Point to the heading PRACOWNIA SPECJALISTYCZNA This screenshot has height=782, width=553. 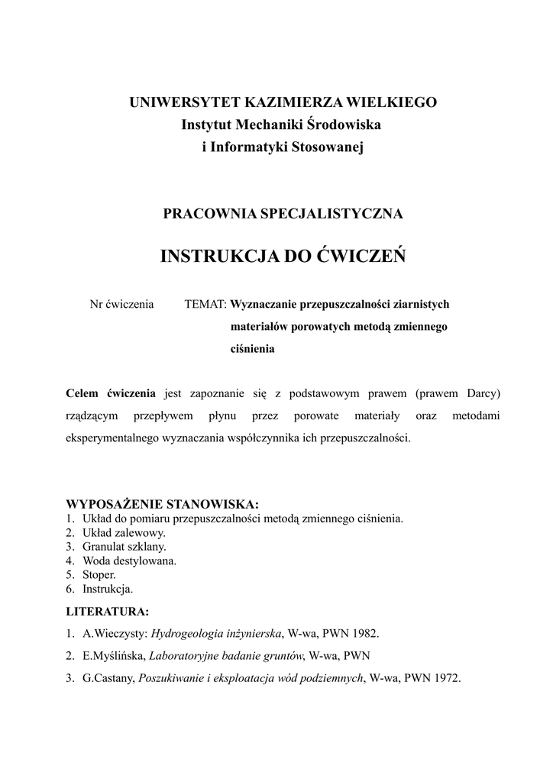click(x=283, y=214)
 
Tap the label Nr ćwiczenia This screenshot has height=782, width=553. click(x=122, y=304)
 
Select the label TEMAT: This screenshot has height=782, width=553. click(x=205, y=304)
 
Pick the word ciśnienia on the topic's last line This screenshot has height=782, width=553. click(x=252, y=350)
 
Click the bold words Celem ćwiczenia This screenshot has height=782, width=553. click(x=111, y=393)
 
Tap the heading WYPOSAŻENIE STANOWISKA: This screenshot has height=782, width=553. click(x=163, y=504)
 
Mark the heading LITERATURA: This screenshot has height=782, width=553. click(x=108, y=612)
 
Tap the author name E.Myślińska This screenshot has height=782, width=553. click(x=113, y=655)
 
